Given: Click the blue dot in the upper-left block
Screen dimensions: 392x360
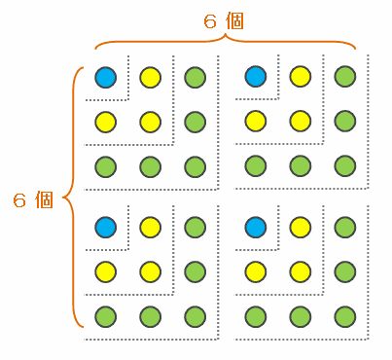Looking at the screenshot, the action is click(106, 78).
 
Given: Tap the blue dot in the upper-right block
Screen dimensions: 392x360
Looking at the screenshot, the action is click(256, 77).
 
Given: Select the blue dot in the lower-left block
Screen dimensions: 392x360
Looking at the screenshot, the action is click(106, 228).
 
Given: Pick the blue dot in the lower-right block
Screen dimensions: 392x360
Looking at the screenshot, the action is click(256, 228).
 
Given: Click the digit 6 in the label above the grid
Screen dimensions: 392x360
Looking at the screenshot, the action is click(210, 21).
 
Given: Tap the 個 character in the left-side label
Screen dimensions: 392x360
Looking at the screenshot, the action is click(44, 199).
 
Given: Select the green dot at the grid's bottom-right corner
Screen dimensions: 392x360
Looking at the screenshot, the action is click(345, 317).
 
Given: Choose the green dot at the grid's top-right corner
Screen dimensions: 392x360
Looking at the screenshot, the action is click(345, 77).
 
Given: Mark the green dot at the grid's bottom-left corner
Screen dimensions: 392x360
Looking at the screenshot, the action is click(106, 317).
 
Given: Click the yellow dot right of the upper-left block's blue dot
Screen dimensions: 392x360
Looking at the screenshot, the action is click(151, 78).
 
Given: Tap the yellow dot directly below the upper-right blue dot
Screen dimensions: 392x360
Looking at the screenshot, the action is click(256, 122).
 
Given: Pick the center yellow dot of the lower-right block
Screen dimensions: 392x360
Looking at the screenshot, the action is click(301, 272).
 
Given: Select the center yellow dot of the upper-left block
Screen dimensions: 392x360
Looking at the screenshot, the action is click(151, 123).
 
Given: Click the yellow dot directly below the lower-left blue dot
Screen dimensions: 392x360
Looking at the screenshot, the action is click(106, 272).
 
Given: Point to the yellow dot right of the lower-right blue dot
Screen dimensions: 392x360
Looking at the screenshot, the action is click(301, 228).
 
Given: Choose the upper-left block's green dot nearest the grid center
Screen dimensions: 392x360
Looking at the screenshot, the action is click(196, 167).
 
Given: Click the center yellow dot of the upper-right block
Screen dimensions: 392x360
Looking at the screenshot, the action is click(301, 122).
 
